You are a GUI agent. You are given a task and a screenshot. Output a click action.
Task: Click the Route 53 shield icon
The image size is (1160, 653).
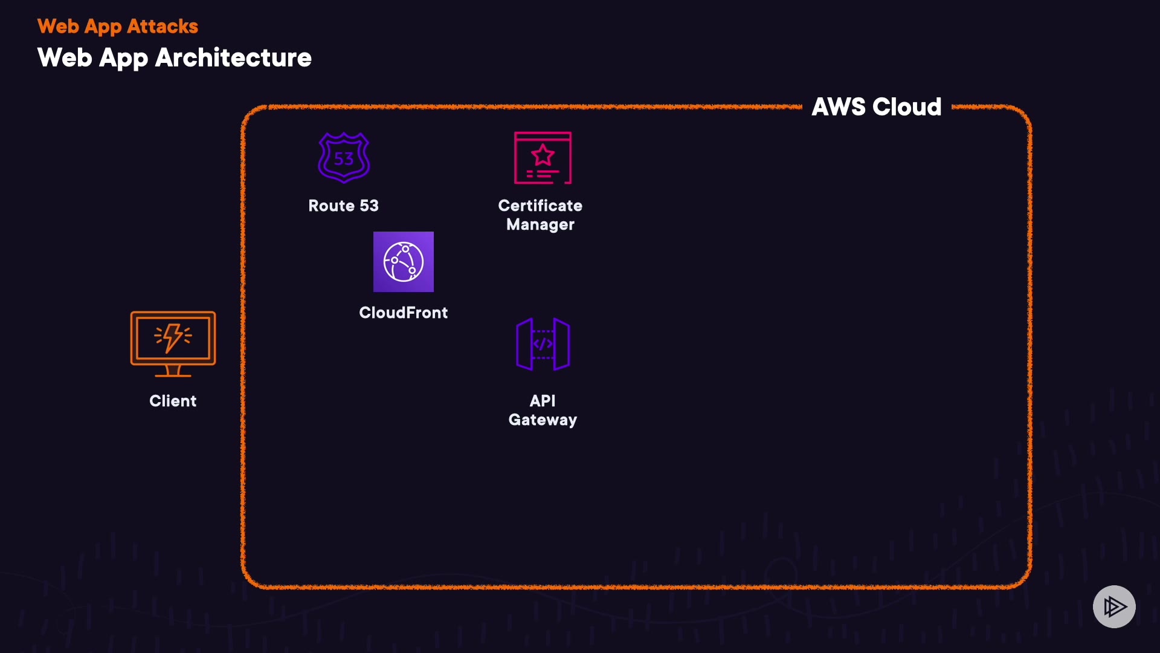[344, 157]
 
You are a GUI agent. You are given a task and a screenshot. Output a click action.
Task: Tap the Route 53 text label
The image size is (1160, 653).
[343, 206]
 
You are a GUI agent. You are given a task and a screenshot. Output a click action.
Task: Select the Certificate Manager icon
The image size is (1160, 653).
[543, 158]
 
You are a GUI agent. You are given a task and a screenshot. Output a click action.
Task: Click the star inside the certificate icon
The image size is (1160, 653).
[543, 155]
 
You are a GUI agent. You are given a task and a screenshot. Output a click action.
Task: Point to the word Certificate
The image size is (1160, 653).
[540, 206]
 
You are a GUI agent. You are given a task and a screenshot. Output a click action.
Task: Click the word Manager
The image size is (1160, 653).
[540, 224]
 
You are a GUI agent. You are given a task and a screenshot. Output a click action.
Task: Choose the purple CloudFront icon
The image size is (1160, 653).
[404, 262]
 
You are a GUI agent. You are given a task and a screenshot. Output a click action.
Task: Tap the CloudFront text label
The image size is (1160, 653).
[404, 313]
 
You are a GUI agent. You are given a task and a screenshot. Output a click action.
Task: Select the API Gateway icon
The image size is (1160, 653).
[543, 344]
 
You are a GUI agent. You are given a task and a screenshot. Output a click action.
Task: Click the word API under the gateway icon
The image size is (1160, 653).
[543, 401]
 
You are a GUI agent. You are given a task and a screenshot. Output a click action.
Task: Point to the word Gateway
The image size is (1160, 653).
[543, 420]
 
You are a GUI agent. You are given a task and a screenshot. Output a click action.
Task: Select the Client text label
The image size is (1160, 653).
[173, 401]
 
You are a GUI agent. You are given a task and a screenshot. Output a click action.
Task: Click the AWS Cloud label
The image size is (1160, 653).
[876, 107]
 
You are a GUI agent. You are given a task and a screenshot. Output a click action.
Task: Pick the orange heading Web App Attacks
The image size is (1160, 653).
[118, 27]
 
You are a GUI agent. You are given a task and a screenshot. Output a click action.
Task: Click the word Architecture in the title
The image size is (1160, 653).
[233, 58]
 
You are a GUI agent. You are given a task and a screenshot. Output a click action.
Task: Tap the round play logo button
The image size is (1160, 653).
[1114, 606]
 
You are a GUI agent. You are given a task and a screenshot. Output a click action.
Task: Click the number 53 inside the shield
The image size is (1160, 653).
[344, 159]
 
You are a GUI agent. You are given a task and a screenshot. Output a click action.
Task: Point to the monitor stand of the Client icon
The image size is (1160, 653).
[173, 371]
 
